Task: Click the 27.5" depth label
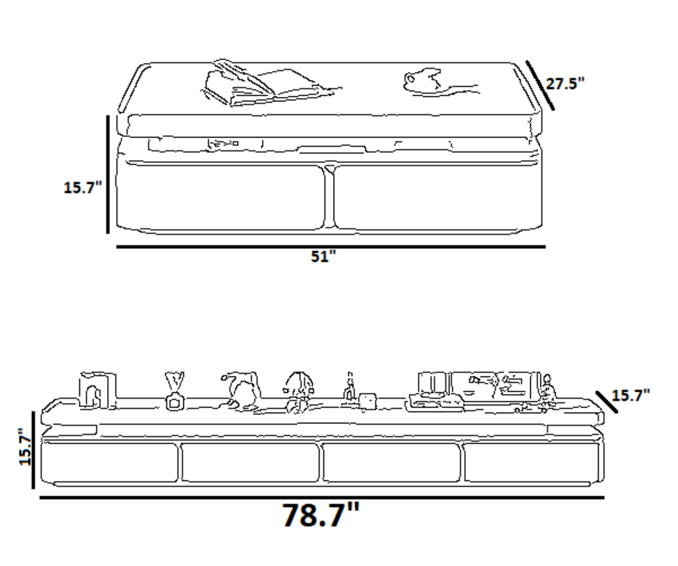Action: point(565,84)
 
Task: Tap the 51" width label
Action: point(323,256)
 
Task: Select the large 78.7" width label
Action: point(321,515)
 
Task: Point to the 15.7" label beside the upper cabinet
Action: point(83,187)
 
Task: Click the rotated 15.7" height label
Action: point(25,446)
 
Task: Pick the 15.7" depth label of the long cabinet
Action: point(631,395)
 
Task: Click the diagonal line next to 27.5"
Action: point(540,85)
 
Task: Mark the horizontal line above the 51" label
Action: point(331,247)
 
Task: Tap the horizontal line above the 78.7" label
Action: point(322,497)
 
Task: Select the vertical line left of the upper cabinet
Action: point(108,174)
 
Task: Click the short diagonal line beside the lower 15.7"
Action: point(607,402)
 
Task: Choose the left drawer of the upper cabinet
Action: point(221,198)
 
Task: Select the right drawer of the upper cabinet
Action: point(438,198)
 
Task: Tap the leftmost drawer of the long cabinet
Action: point(110,462)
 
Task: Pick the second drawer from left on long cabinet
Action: point(250,462)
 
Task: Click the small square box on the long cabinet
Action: point(368,401)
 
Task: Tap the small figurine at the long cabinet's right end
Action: point(547,392)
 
